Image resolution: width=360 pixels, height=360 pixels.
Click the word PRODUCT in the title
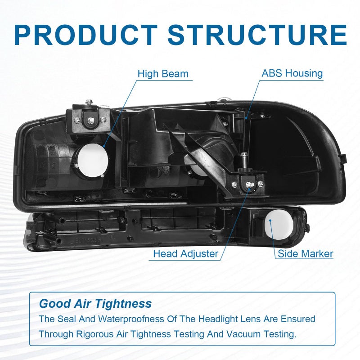pyautogui.click(x=85, y=35)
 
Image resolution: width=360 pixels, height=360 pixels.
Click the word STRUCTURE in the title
pyautogui.click(x=257, y=35)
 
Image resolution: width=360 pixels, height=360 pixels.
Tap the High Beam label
pyautogui.click(x=163, y=74)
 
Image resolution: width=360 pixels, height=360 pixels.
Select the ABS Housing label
pyautogui.click(x=292, y=73)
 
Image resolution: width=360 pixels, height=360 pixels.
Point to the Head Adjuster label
pyautogui.click(x=185, y=254)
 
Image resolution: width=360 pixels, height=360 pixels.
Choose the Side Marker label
pyautogui.click(x=306, y=253)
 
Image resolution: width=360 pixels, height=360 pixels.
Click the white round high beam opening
pyautogui.click(x=93, y=160)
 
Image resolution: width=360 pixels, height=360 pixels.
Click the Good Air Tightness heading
pyautogui.click(x=95, y=303)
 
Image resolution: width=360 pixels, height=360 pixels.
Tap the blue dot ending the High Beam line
pyautogui.click(x=104, y=146)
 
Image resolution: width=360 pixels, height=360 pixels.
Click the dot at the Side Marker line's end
pyautogui.click(x=270, y=220)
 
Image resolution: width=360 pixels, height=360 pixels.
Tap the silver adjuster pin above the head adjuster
pyautogui.click(x=244, y=160)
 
